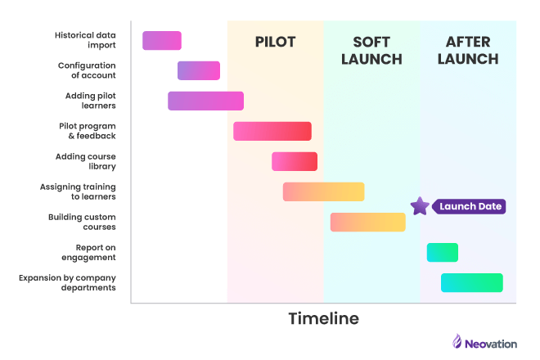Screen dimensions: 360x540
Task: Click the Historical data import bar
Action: (x=162, y=40)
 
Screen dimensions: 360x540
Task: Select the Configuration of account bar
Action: (x=199, y=70)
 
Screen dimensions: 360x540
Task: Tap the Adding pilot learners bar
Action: (x=205, y=101)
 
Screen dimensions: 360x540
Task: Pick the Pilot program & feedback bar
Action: (x=272, y=131)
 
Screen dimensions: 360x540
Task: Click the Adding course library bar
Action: (x=295, y=161)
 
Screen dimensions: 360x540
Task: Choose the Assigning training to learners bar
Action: (x=323, y=191)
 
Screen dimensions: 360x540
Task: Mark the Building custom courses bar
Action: (x=368, y=222)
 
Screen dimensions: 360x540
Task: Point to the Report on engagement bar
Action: (x=442, y=252)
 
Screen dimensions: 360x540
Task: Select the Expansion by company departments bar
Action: (x=471, y=282)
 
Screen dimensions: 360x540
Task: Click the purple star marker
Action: (x=420, y=206)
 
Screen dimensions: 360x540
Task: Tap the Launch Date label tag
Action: (x=470, y=206)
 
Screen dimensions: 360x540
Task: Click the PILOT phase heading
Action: (x=275, y=42)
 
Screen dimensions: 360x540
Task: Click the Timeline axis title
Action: (x=323, y=318)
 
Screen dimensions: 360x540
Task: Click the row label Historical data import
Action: (x=85, y=40)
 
